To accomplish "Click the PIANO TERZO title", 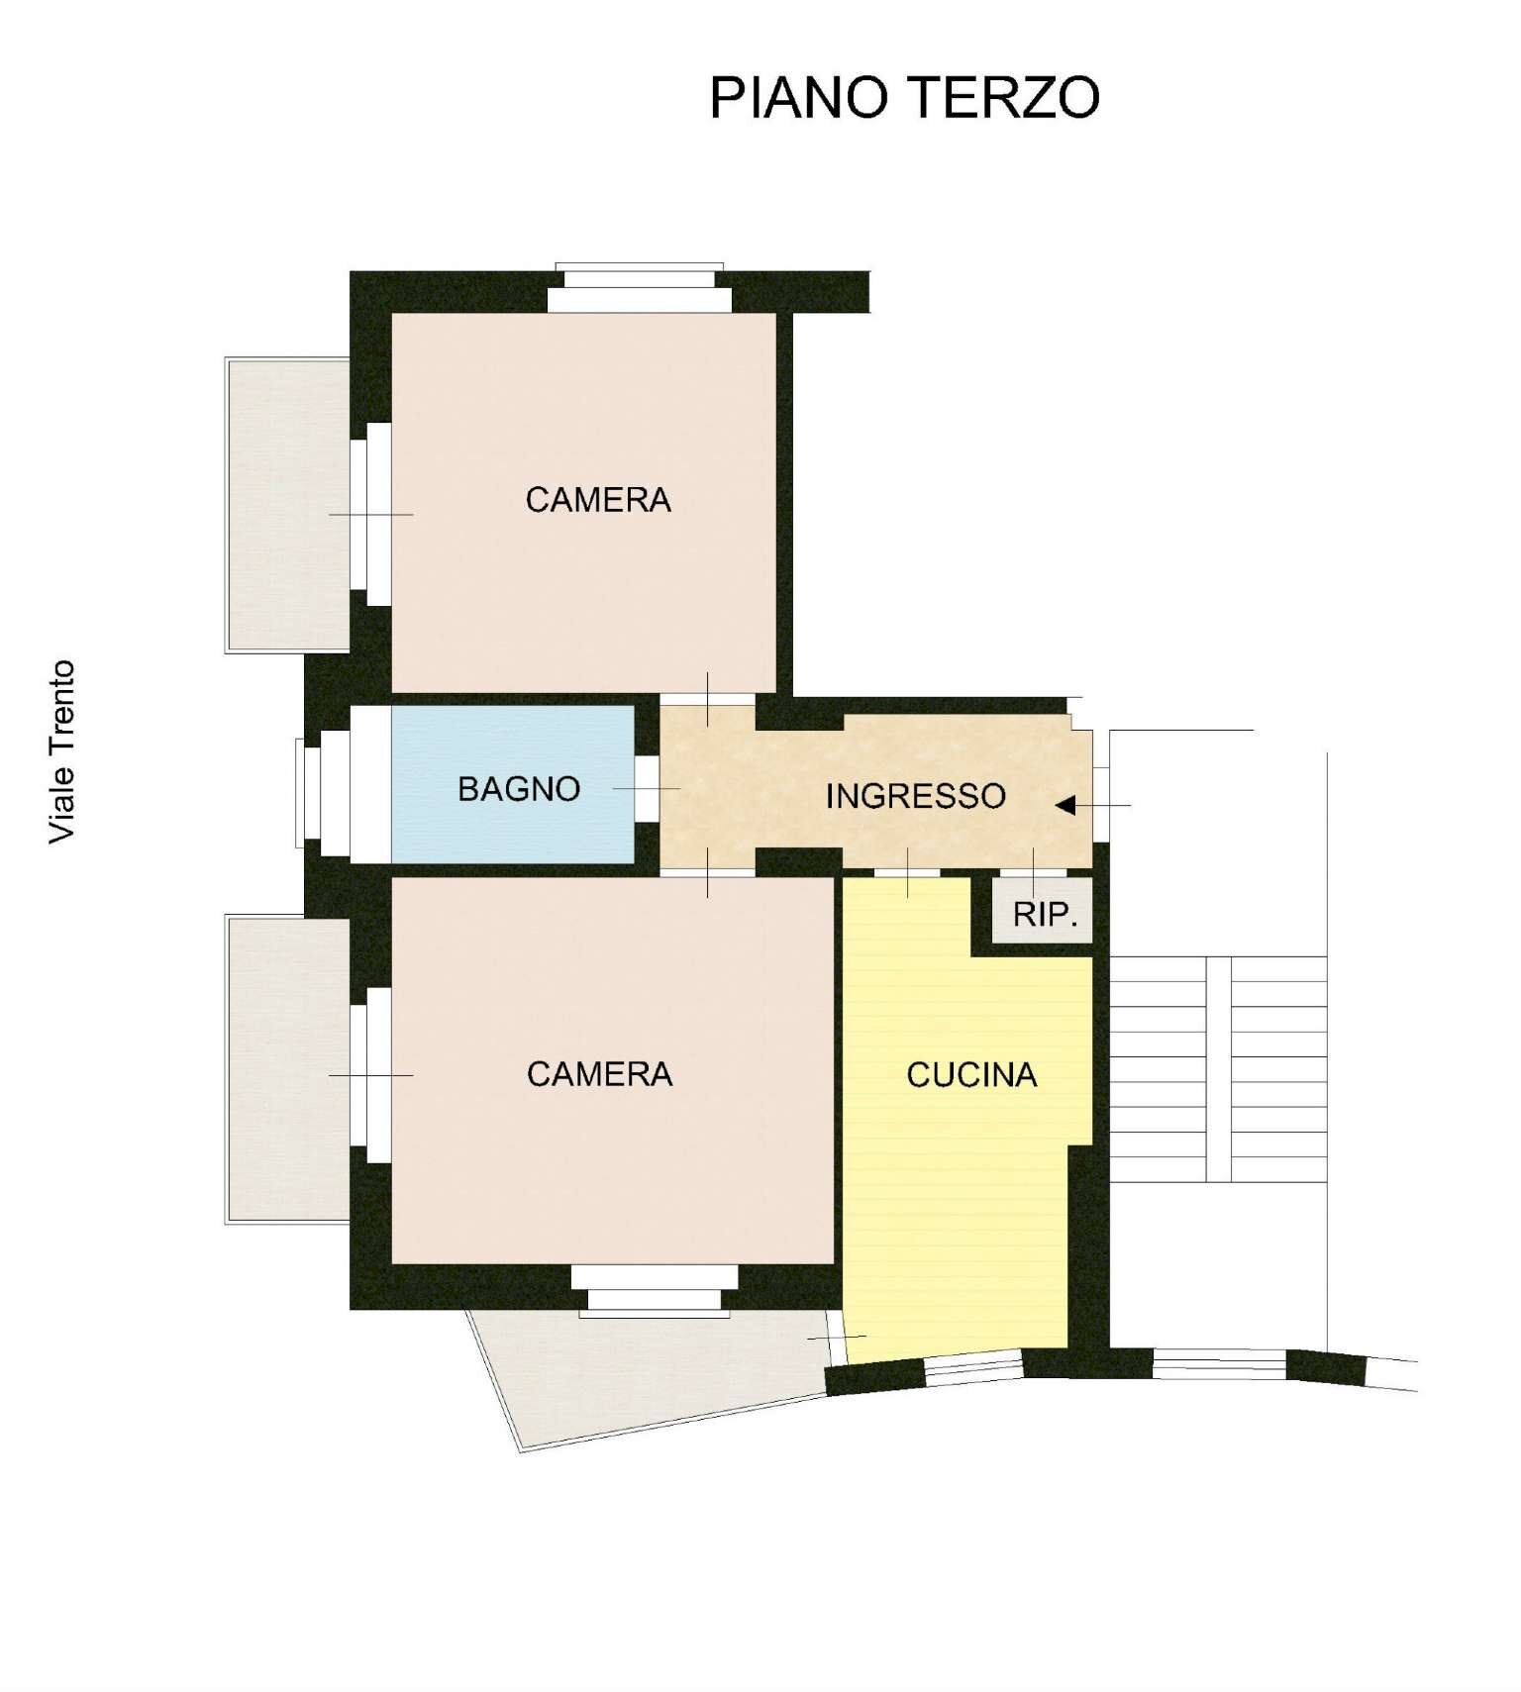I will pos(904,97).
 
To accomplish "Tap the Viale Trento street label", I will pos(62,752).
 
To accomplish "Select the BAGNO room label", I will pos(518,789).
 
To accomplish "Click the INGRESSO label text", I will pos(915,796).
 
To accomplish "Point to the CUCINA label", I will pos(971,1075).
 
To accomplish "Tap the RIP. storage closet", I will pos(1044,913).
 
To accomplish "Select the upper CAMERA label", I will pos(598,500).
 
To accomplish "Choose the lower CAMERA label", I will pos(599,1074).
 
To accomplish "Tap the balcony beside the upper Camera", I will pos(287,505).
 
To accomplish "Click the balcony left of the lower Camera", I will pos(287,1069).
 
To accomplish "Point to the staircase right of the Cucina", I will pos(1218,1069).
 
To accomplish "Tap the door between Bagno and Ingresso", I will pos(647,788).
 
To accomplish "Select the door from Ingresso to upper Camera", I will pos(707,699).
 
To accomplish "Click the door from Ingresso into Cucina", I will pos(907,873).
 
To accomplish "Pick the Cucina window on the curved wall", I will pos(972,1368).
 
